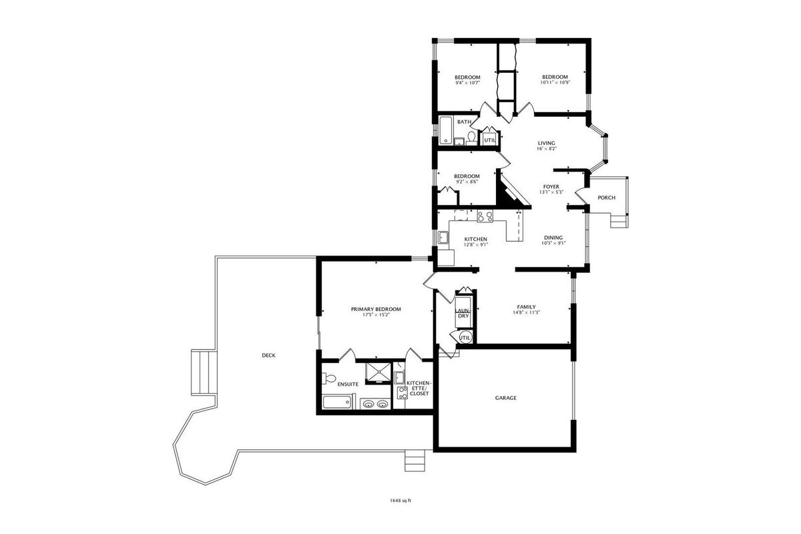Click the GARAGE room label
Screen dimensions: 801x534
click(506, 398)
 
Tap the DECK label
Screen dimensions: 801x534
click(268, 355)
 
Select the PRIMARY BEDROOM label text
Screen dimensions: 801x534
click(376, 309)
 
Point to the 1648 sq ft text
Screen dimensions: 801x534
click(400, 501)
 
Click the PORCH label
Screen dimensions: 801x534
click(607, 198)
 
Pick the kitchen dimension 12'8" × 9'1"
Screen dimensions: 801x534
click(476, 245)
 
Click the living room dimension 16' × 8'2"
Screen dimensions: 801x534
click(547, 148)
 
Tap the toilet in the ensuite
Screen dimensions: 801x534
click(329, 378)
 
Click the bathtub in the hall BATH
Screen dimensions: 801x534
click(446, 130)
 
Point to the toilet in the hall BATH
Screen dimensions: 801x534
click(472, 138)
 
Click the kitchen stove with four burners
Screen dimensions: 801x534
click(485, 216)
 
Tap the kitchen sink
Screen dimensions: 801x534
click(443, 238)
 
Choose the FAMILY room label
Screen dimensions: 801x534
click(527, 307)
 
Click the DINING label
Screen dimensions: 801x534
click(553, 238)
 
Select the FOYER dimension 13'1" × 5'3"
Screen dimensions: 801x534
click(551, 192)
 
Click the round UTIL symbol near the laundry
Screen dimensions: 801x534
click(465, 337)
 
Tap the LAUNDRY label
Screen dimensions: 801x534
click(463, 313)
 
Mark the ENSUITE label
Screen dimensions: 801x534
click(348, 384)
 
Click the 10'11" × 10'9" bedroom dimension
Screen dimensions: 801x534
click(555, 82)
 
